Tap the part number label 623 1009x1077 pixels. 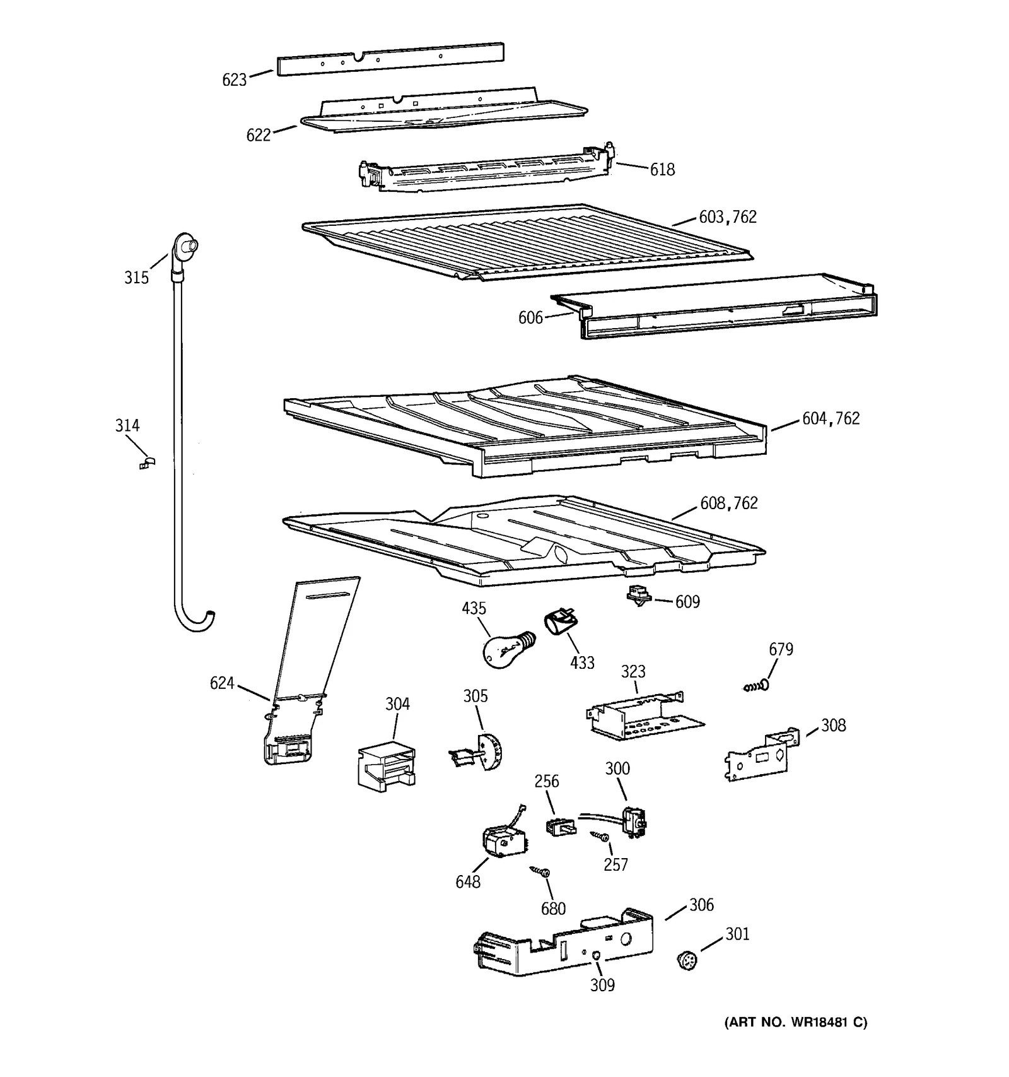click(x=234, y=80)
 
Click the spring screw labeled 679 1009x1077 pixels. click(x=755, y=685)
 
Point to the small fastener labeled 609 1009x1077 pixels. click(x=639, y=596)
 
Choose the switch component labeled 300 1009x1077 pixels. click(x=634, y=821)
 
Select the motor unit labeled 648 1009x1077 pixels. click(x=504, y=841)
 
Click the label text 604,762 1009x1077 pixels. click(x=831, y=418)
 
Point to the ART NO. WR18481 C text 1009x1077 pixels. click(x=795, y=1023)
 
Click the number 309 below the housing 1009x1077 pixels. click(x=602, y=985)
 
